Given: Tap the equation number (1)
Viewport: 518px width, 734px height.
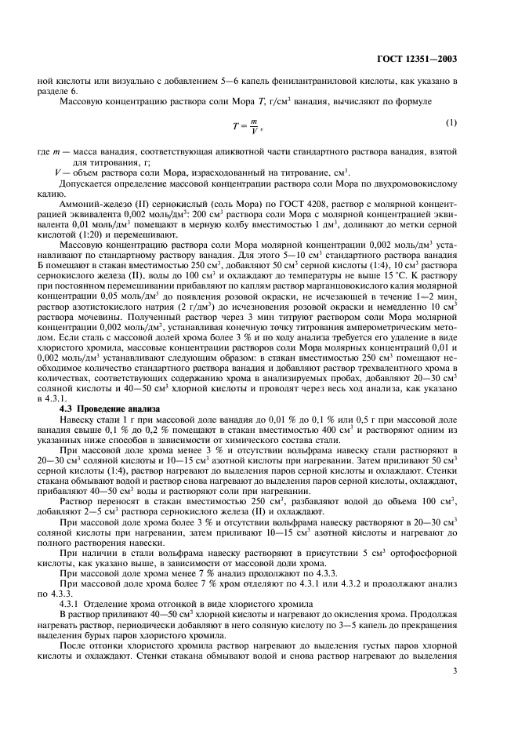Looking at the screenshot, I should pyautogui.click(x=451, y=122).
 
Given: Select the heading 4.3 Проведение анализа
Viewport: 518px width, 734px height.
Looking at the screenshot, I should pyautogui.click(x=109, y=409).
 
